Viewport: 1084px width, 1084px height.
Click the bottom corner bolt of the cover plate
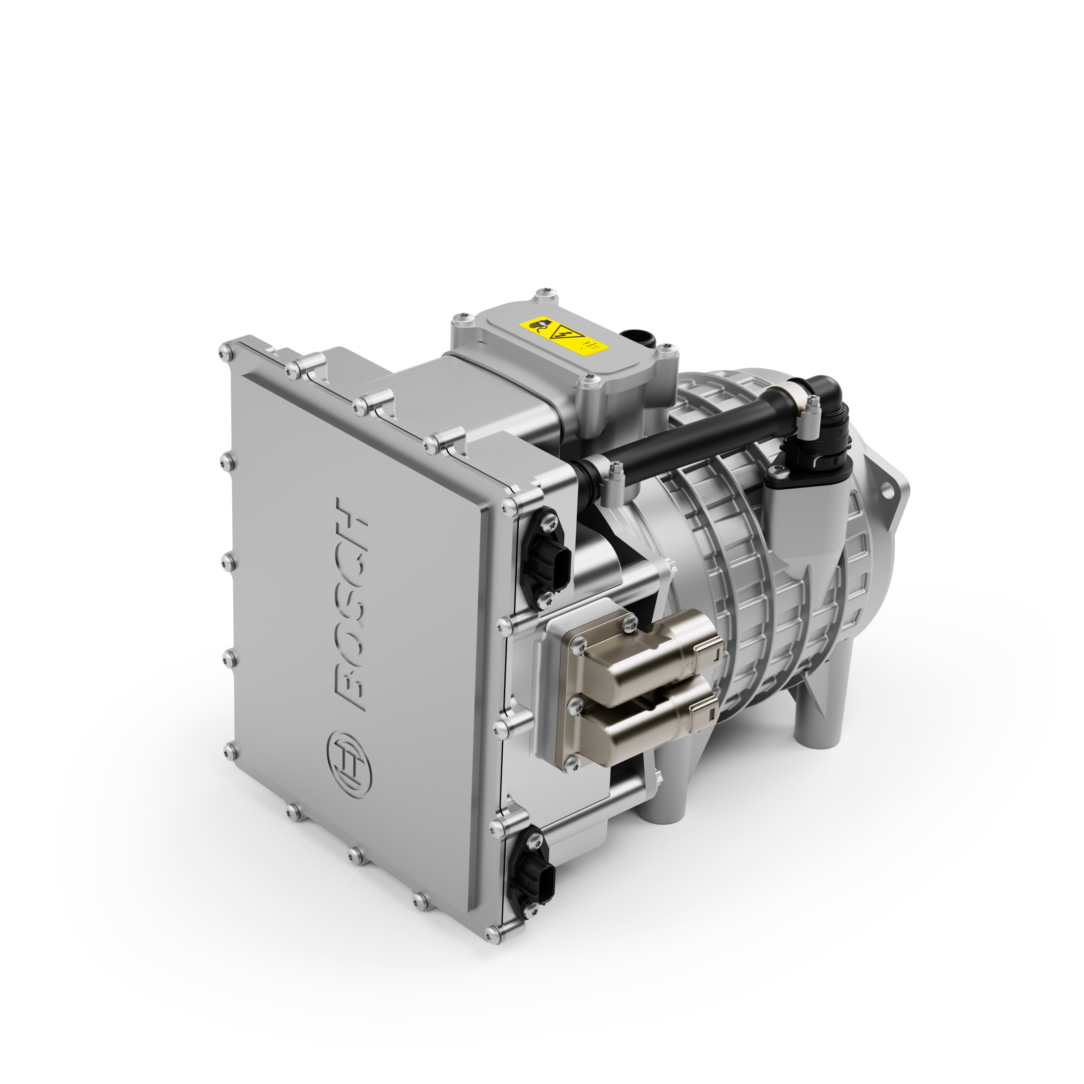(492, 933)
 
